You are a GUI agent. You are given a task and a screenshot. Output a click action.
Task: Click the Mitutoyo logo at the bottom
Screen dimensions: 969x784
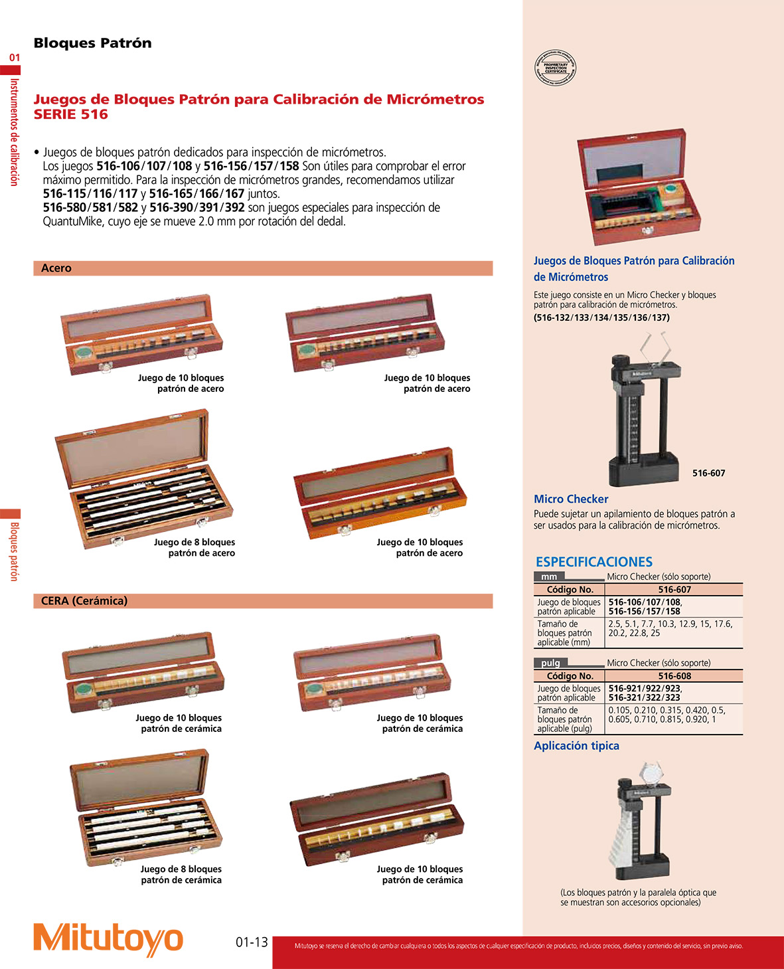(108, 939)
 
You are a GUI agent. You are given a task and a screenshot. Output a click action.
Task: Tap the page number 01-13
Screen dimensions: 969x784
(252, 942)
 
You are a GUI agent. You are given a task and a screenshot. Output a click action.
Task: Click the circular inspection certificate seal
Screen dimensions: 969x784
(555, 68)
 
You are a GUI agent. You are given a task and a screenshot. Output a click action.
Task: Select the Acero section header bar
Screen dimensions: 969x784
(263, 268)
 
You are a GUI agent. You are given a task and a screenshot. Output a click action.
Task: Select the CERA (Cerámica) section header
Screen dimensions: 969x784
(263, 601)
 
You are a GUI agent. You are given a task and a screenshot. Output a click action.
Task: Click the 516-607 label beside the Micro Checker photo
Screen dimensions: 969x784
(708, 474)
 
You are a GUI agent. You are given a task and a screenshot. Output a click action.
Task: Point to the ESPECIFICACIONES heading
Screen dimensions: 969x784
(593, 562)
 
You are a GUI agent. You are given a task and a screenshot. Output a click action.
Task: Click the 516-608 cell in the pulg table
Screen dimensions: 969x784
(674, 676)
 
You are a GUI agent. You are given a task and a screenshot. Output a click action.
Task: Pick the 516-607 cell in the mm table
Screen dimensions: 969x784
(674, 590)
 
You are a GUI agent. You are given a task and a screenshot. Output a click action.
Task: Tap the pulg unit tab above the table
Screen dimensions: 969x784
(550, 663)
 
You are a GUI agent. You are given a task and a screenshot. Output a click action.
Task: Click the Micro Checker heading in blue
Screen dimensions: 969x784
(571, 499)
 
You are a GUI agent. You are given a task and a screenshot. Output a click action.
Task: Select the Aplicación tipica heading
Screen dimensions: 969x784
(576, 746)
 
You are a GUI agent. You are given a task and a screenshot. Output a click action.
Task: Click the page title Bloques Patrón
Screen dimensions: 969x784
(92, 43)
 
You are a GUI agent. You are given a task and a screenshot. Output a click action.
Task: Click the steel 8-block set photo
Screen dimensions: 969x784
(143, 478)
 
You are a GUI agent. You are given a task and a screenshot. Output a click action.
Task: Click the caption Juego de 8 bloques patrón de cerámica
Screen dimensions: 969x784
(181, 875)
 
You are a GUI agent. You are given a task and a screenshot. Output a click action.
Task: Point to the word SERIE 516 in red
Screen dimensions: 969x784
(71, 114)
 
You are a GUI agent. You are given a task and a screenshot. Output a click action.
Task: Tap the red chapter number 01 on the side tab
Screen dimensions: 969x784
(15, 58)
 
